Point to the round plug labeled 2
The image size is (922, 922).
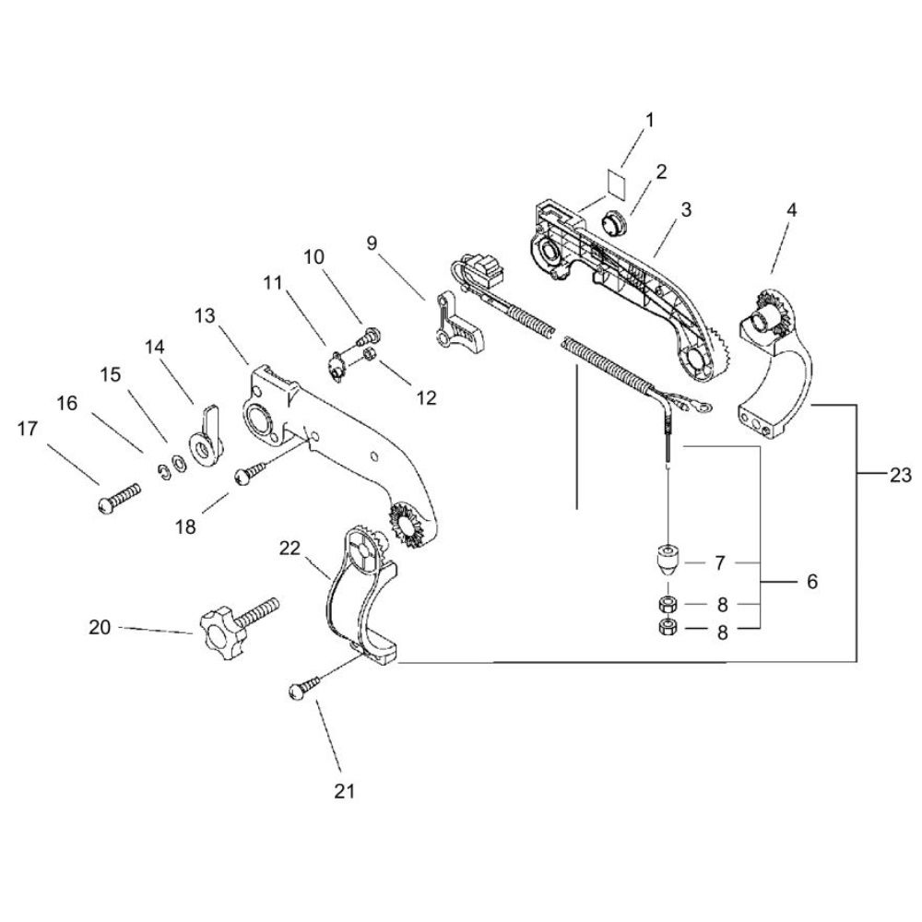coord(613,224)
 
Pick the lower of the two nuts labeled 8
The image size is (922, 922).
coord(668,627)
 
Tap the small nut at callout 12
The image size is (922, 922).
coord(370,355)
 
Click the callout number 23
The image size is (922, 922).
coord(900,475)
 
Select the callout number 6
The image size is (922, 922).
coord(812,582)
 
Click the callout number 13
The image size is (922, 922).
coord(206,315)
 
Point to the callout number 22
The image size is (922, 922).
coord(290,548)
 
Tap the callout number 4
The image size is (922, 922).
coord(791,210)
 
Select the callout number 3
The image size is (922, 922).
coord(686,210)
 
